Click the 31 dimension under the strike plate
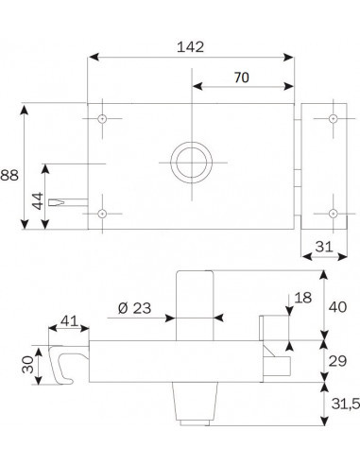[322, 247]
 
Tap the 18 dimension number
[302, 298]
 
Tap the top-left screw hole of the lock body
[102, 119]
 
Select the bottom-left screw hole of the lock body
[102, 213]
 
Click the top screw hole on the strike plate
[332, 119]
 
